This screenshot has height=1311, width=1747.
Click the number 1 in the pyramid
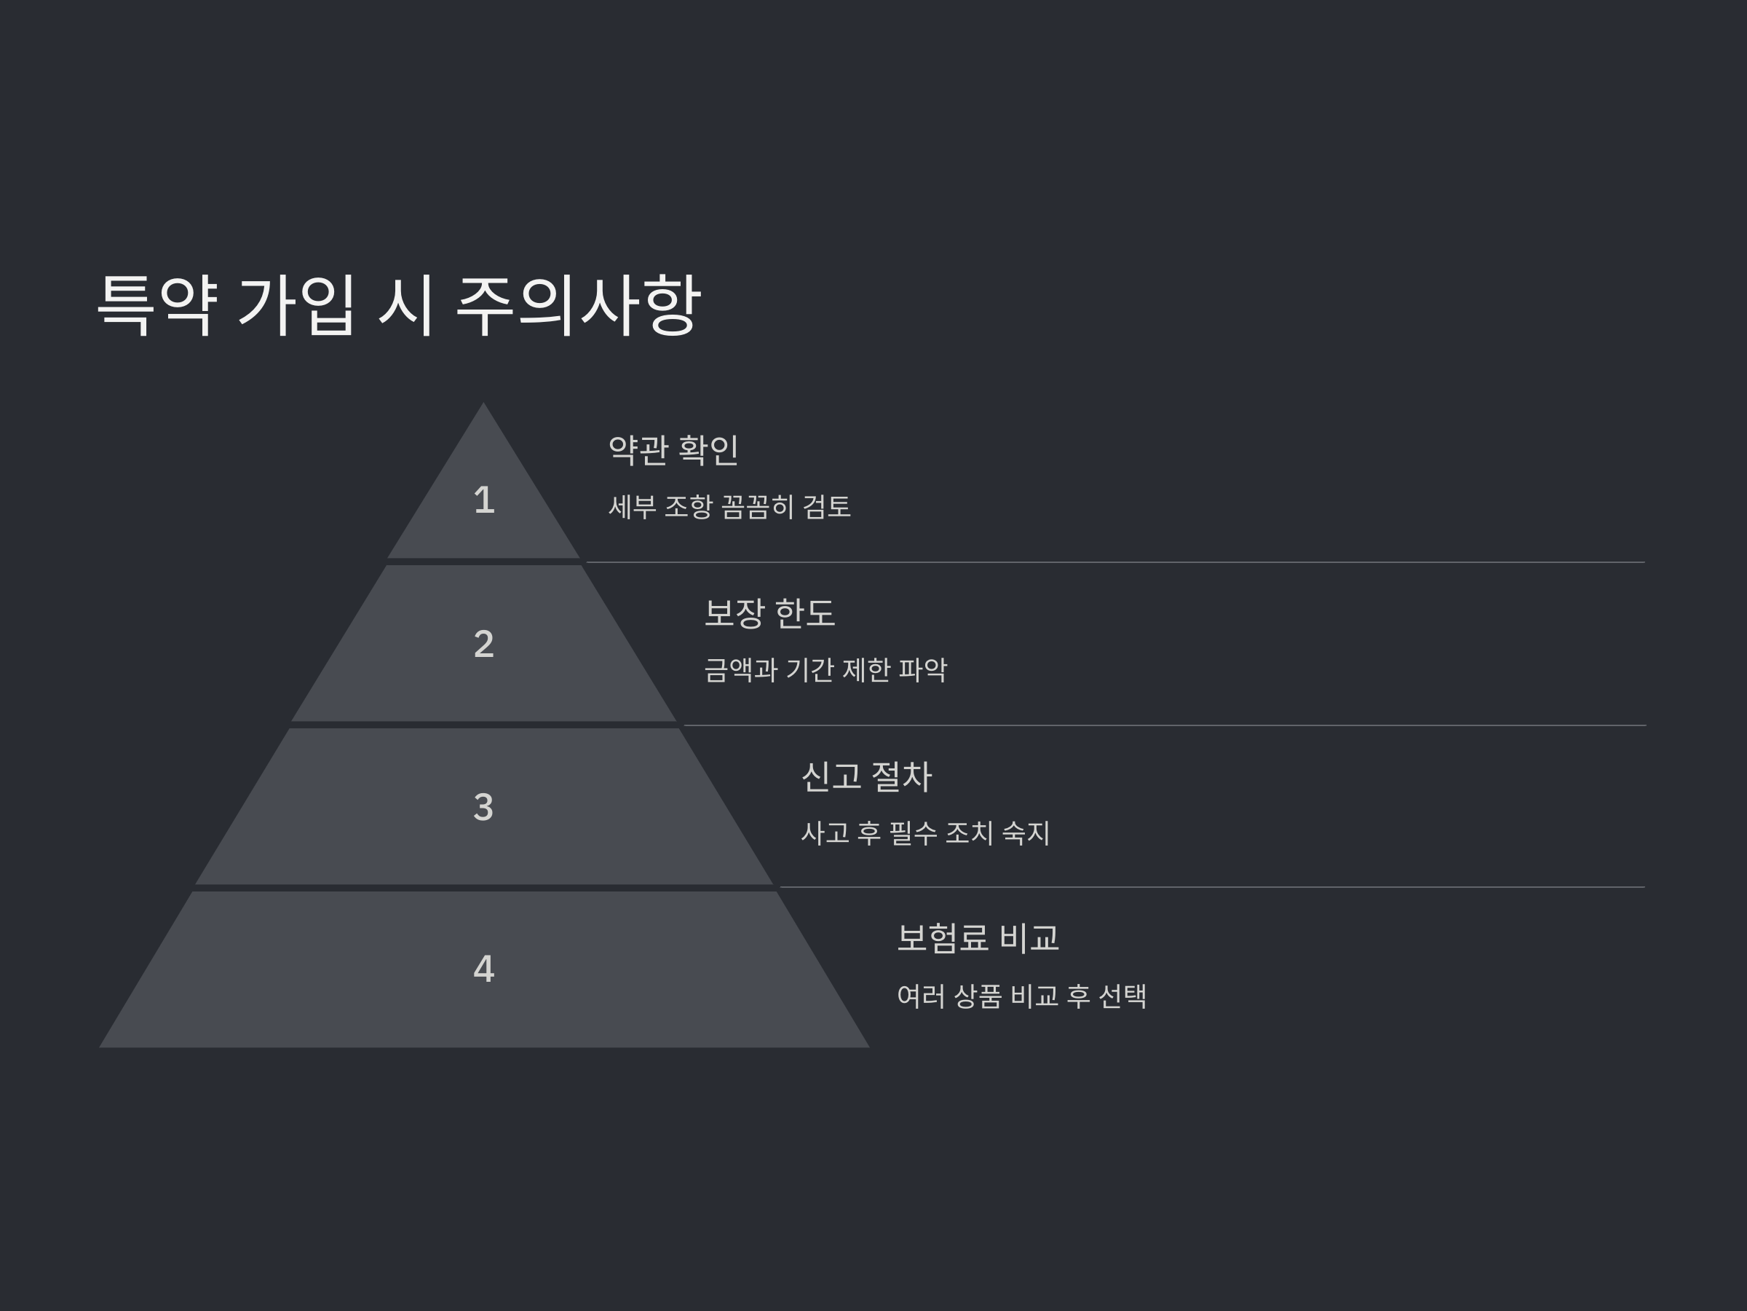point(483,500)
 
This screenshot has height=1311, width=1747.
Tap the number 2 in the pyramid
point(483,644)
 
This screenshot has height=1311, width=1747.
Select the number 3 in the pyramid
point(483,807)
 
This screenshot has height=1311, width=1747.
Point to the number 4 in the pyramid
point(483,969)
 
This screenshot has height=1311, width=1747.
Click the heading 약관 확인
point(673,449)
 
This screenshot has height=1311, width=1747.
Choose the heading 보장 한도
point(769,613)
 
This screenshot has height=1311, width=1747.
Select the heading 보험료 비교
point(978,938)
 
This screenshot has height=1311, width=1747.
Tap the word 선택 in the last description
point(1122,996)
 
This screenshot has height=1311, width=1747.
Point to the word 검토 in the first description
point(826,506)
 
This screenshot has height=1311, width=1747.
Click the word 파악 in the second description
point(922,670)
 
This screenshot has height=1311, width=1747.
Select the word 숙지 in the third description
point(1025,833)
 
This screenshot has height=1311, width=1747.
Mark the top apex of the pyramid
point(483,406)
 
